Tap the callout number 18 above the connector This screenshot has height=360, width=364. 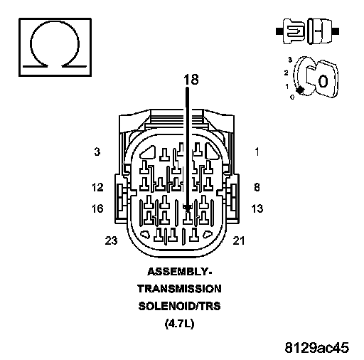click(x=191, y=80)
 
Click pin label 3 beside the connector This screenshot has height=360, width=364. click(x=97, y=152)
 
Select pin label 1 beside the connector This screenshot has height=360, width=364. click(x=257, y=152)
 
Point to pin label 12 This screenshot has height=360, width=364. click(x=97, y=187)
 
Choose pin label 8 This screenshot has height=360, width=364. click(x=257, y=187)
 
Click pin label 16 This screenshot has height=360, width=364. click(x=97, y=208)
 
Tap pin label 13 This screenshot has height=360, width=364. click(x=257, y=208)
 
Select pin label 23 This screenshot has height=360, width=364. click(x=111, y=240)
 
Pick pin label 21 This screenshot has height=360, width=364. click(x=239, y=240)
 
